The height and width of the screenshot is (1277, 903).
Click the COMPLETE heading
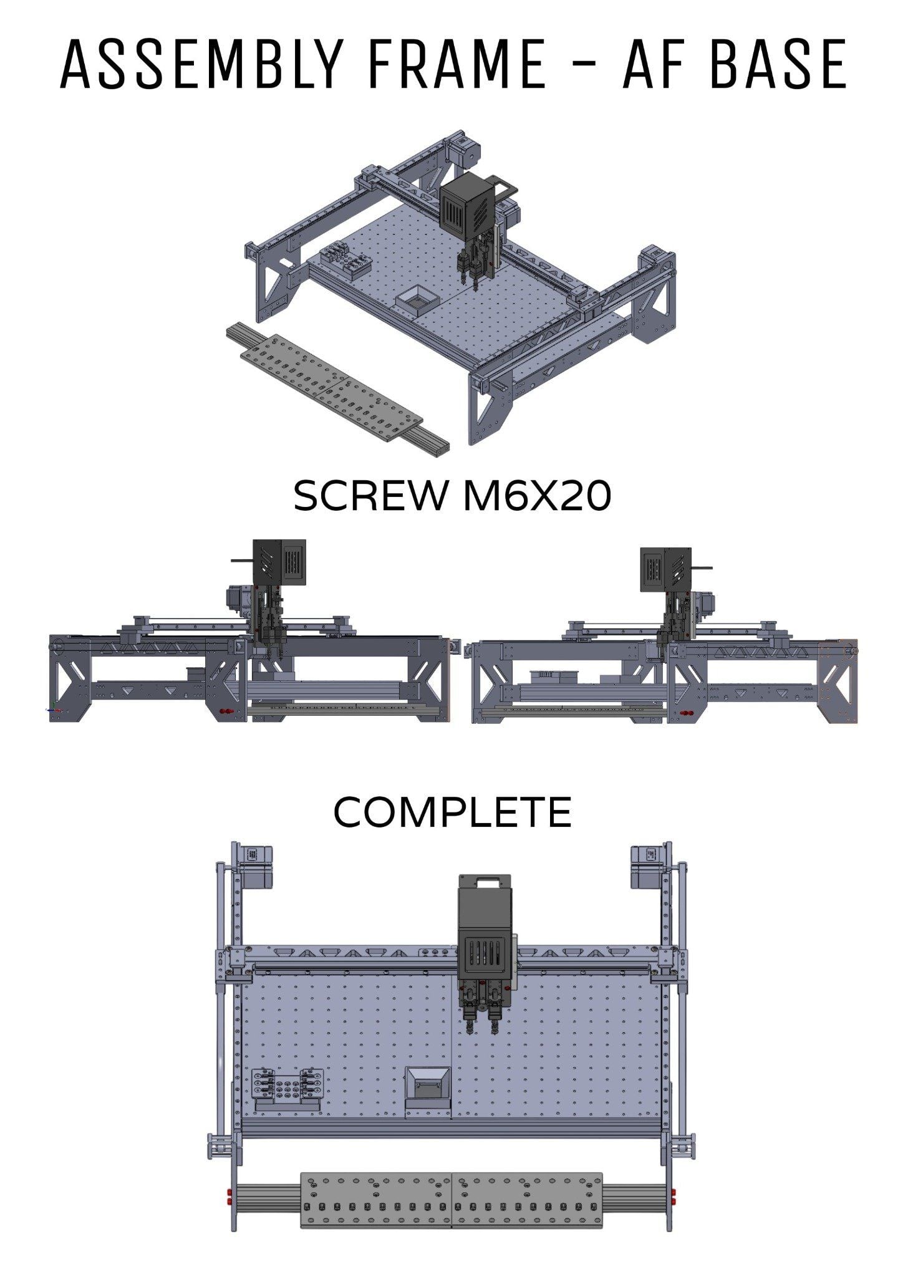(452, 812)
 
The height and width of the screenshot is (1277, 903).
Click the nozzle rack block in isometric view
(345, 260)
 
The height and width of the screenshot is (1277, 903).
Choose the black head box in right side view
(665, 569)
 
